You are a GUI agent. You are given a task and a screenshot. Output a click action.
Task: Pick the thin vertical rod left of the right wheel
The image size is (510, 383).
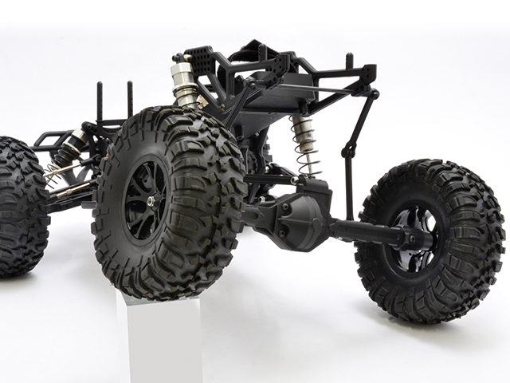[x=349, y=188]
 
